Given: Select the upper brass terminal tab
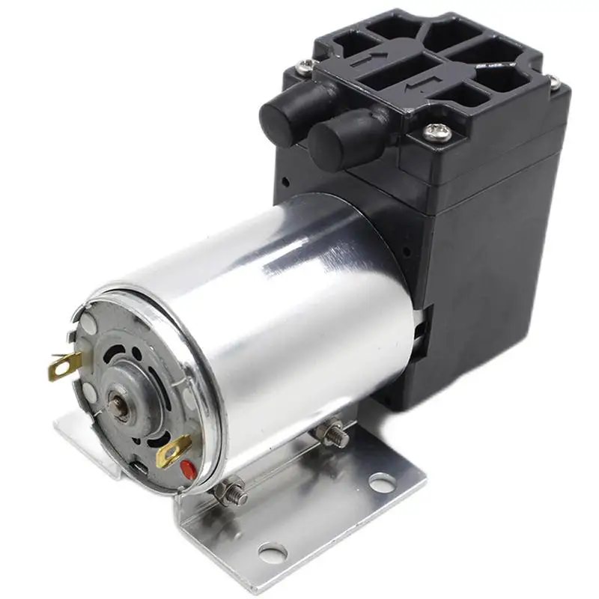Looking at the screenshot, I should [x=65, y=366].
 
